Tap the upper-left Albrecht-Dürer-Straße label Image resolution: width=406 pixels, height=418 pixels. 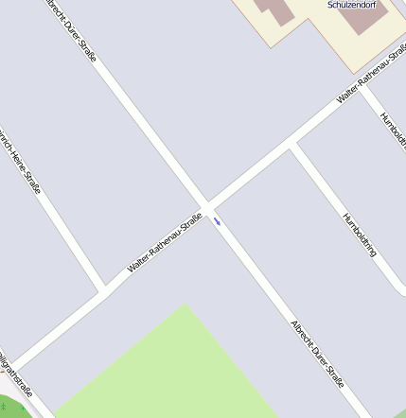(72, 29)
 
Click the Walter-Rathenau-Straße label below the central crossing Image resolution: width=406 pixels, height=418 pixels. (165, 243)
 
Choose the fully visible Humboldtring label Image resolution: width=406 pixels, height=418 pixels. (360, 235)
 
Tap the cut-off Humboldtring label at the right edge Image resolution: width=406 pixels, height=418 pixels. (393, 132)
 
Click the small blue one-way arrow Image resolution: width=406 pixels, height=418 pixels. (218, 221)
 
